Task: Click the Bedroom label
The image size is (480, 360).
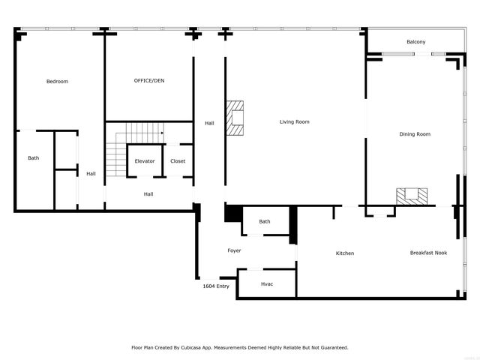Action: [57, 81]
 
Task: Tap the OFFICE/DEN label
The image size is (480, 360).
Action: [148, 80]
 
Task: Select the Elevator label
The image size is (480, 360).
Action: [145, 161]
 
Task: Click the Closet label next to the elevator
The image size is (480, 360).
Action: [178, 161]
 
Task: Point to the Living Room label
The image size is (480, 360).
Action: [295, 121]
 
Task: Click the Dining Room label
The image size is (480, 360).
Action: [415, 134]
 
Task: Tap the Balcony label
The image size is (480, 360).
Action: [415, 42]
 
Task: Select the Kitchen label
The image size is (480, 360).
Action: [344, 253]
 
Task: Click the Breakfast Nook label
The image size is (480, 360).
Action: [428, 253]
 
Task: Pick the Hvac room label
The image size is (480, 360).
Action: [267, 284]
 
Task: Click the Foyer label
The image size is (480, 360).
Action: [235, 250]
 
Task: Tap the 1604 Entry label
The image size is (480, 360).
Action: [216, 286]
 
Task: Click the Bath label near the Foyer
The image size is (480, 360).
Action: [265, 221]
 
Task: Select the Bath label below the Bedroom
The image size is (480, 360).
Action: [34, 158]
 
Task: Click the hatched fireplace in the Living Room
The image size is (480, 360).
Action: [238, 118]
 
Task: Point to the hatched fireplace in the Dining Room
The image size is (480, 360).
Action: [412, 196]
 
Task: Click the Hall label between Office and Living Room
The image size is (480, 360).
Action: [209, 123]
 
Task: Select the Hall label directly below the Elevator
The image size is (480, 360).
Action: [148, 194]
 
